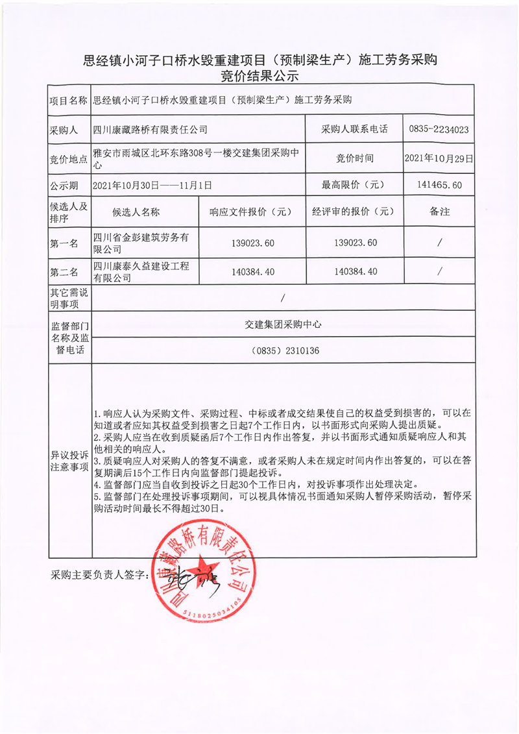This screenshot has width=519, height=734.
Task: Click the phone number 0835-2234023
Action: pyautogui.click(x=439, y=130)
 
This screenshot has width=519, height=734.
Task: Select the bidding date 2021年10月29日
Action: pyautogui.click(x=439, y=158)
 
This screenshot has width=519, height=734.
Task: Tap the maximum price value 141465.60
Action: pyautogui.click(x=439, y=186)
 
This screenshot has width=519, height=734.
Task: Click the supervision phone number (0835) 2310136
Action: pyautogui.click(x=284, y=351)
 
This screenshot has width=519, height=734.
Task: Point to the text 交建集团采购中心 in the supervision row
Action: pyautogui.click(x=284, y=323)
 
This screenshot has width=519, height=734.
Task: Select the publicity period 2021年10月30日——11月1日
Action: pyautogui.click(x=153, y=186)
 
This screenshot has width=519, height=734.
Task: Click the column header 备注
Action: pyautogui.click(x=439, y=212)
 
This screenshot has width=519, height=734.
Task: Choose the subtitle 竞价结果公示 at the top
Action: pyautogui.click(x=259, y=76)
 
